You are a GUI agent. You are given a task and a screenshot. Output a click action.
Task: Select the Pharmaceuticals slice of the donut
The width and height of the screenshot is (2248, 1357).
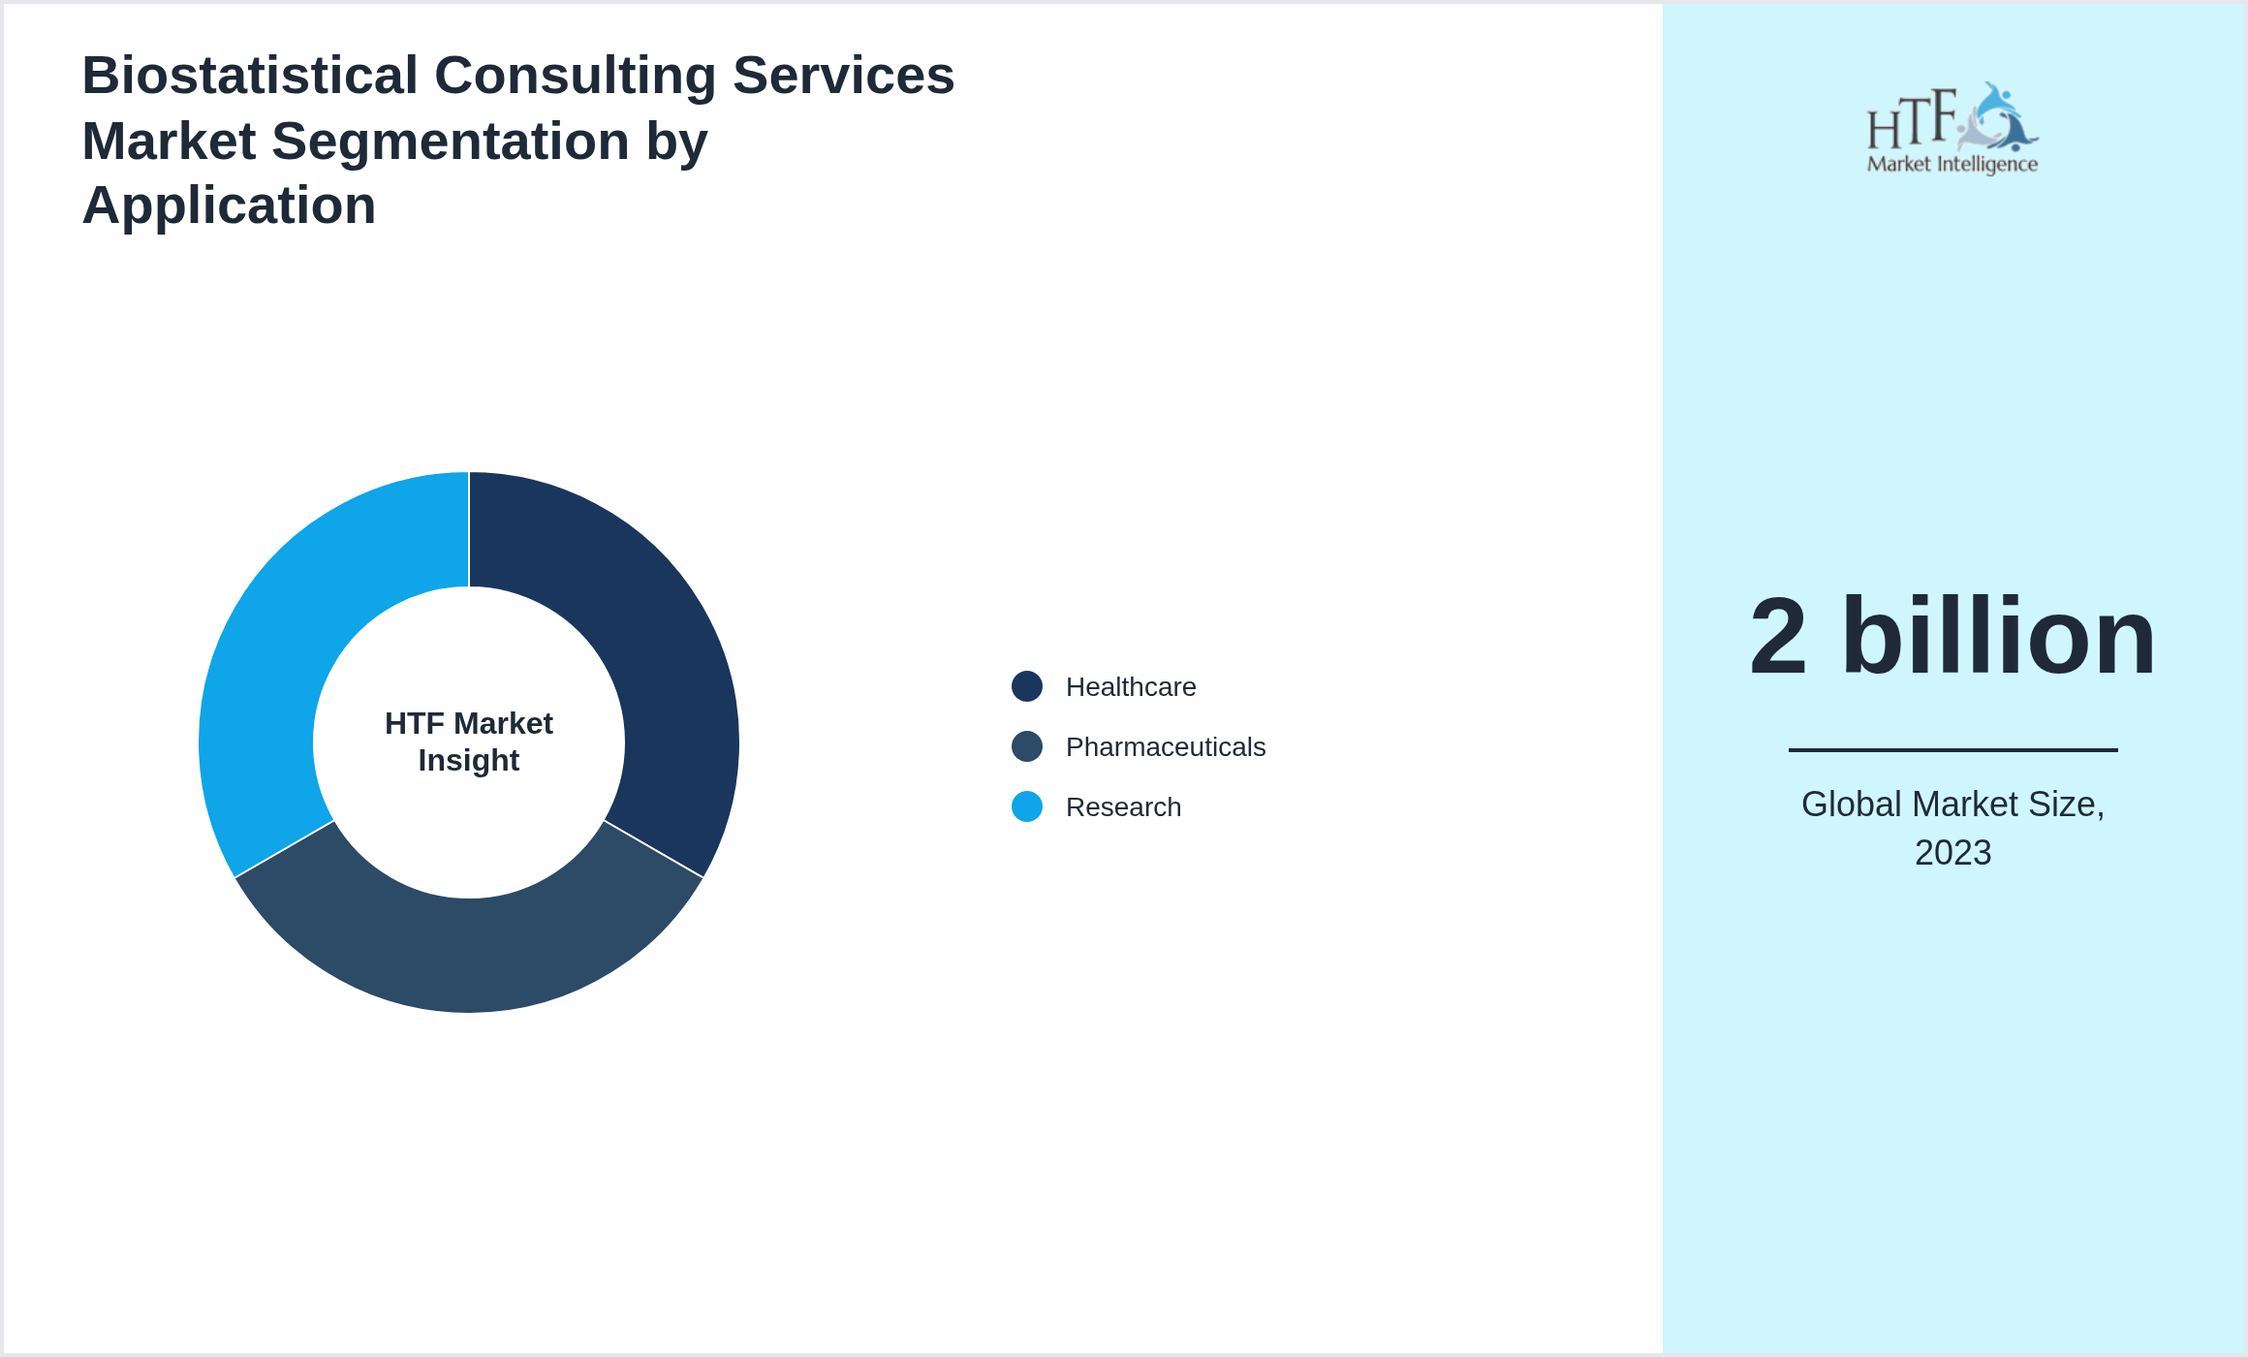pos(469,955)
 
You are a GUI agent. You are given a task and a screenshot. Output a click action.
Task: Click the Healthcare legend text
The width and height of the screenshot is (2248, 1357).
pos(1130,687)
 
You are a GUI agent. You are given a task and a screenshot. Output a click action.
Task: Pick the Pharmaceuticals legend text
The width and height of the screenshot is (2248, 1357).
pos(1165,747)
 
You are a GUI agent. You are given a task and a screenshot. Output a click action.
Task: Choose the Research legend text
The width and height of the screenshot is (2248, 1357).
pos(1122,807)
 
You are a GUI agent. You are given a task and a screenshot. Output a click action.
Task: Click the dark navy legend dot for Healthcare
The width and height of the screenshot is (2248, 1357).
pos(1027,686)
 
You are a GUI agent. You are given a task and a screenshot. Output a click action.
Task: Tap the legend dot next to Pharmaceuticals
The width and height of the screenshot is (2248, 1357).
pos(1027,746)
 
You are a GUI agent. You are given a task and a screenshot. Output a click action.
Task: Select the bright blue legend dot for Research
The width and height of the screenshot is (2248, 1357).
pos(1027,806)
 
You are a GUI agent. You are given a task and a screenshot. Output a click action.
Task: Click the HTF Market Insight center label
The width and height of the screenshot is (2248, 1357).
pos(469,742)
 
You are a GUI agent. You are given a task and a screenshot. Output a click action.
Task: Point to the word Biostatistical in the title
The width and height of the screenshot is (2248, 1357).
pos(250,76)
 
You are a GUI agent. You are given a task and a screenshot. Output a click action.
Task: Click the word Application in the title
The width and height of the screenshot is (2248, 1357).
pos(229,205)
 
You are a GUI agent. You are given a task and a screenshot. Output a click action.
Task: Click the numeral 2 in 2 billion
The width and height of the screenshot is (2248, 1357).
pos(1778,637)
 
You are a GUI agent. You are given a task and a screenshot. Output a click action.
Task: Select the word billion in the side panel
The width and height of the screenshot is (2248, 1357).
pos(1998,637)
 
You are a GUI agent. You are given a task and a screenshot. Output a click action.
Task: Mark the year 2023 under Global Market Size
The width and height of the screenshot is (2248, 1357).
pos(1952,853)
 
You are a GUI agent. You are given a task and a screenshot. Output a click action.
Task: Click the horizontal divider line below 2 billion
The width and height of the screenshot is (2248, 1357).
pos(1952,749)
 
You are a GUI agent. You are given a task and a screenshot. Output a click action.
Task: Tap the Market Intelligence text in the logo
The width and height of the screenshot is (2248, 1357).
pos(1951,164)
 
